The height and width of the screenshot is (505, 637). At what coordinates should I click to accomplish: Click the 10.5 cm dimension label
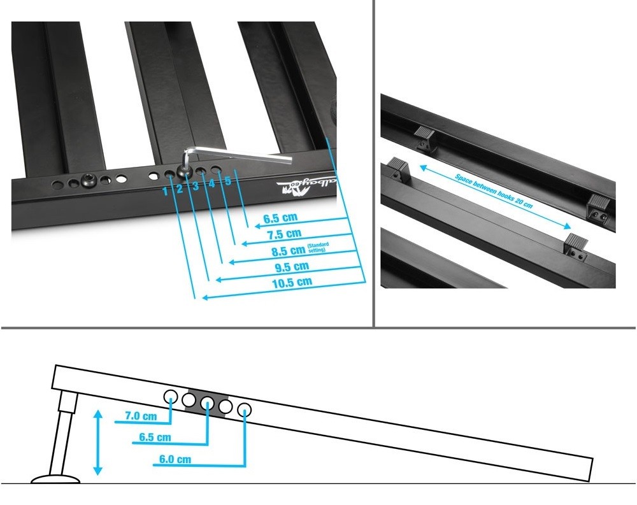tap(290, 281)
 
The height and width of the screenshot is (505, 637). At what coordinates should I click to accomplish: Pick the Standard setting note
tap(317, 248)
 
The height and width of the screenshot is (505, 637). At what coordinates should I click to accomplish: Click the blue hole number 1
tap(165, 190)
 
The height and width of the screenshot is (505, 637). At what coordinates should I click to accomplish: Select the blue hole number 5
tap(227, 181)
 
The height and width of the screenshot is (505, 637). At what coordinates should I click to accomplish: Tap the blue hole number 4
tap(212, 184)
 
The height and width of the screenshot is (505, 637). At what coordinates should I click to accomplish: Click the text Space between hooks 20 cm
tap(494, 190)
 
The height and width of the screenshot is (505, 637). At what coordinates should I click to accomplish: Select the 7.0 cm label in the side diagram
tap(141, 416)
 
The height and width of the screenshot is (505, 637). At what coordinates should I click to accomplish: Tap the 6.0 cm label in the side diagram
tap(175, 459)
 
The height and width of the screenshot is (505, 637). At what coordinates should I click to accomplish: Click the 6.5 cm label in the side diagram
tap(155, 438)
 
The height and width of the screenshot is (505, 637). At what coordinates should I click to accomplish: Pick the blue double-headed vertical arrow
tap(97, 443)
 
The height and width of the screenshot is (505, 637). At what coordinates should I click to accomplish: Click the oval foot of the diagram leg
tap(55, 478)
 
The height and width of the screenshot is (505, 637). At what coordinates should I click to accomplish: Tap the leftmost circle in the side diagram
tap(171, 397)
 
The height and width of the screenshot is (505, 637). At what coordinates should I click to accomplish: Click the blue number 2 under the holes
tap(180, 188)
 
